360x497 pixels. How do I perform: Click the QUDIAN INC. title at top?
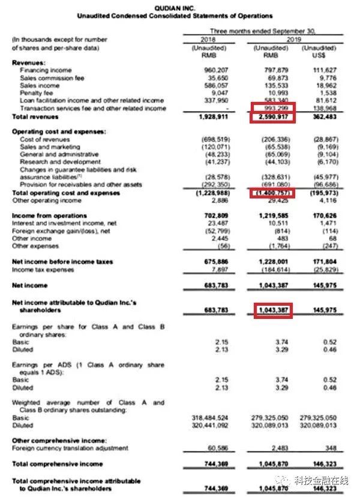pos(179,8)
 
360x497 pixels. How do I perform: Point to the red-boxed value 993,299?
pos(274,108)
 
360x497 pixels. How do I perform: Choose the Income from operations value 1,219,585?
pos(273,215)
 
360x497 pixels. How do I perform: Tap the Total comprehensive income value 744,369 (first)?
pos(216,464)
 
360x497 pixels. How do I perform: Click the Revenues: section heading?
pos(28,62)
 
